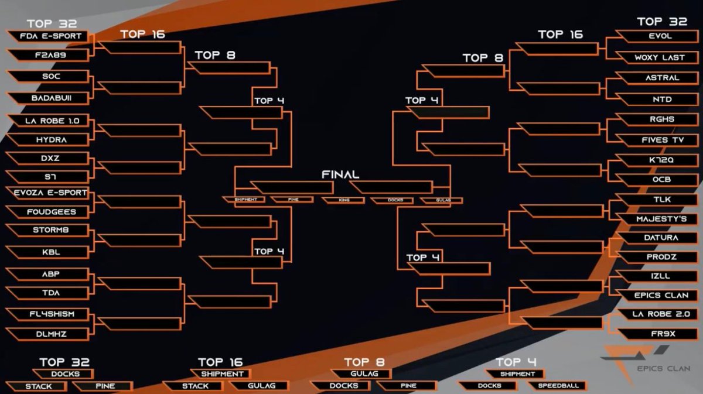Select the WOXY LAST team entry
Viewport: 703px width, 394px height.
(x=659, y=57)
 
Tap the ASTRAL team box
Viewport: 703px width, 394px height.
(x=659, y=78)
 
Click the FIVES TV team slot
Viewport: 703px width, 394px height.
(x=659, y=140)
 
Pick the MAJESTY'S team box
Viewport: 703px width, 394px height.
(x=659, y=219)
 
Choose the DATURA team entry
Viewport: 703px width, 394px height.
(x=659, y=238)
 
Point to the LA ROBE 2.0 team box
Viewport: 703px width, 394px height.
(x=659, y=314)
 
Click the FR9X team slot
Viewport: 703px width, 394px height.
(x=659, y=334)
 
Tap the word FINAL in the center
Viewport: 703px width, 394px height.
(x=340, y=174)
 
